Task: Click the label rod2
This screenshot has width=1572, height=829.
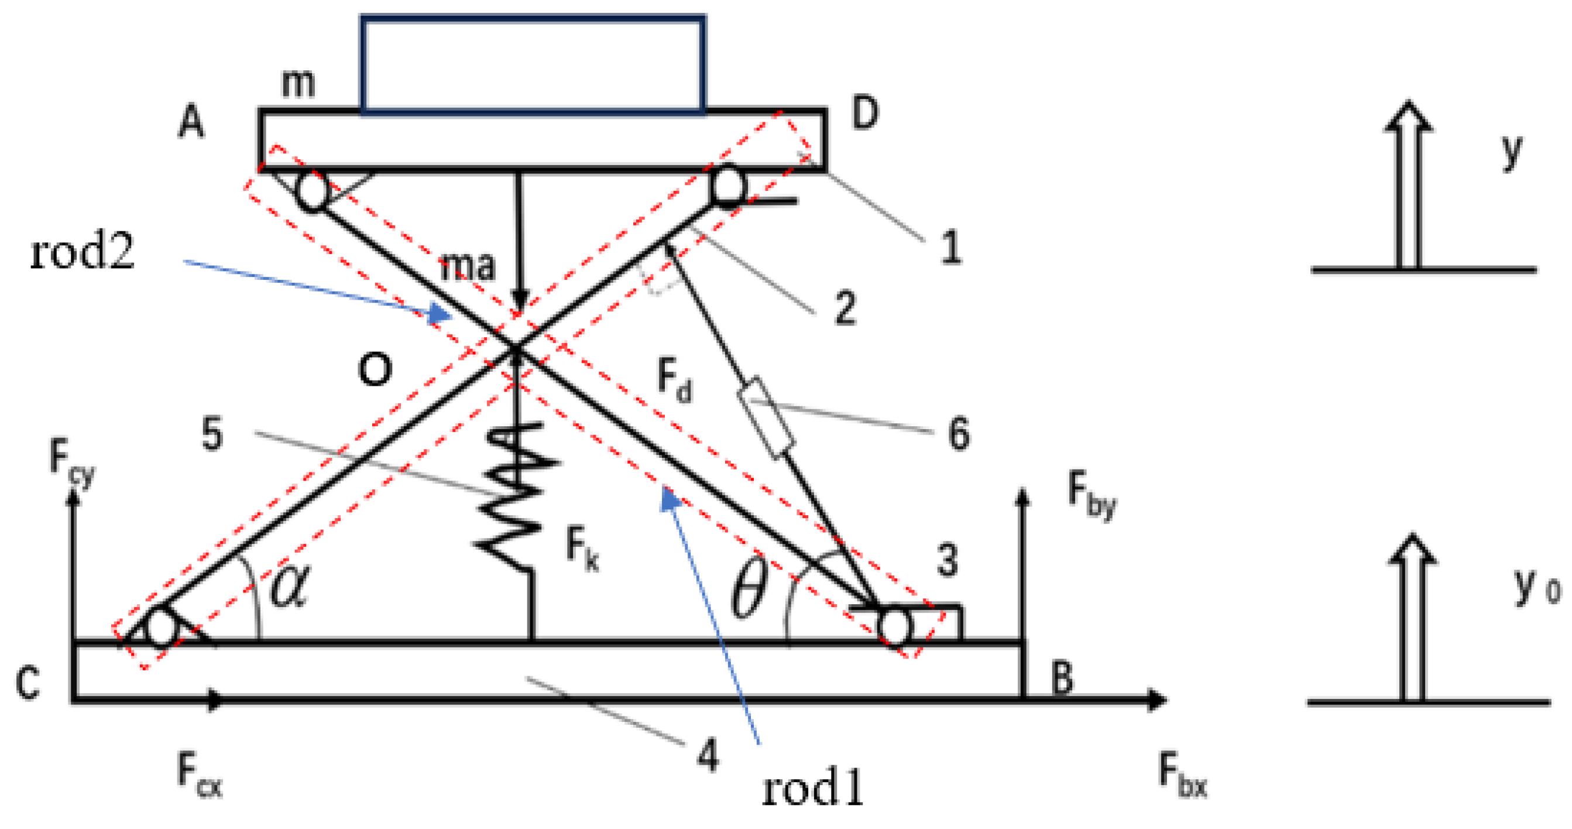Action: click(83, 252)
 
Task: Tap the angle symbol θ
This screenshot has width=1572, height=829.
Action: click(749, 591)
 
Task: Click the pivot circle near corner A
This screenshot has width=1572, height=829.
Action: click(313, 191)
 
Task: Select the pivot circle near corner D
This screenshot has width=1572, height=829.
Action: click(729, 186)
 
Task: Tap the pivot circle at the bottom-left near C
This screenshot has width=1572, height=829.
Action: click(162, 629)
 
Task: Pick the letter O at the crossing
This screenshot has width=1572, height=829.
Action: click(374, 369)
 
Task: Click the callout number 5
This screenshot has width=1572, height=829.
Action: click(212, 434)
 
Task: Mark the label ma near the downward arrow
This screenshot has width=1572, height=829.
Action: click(468, 266)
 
